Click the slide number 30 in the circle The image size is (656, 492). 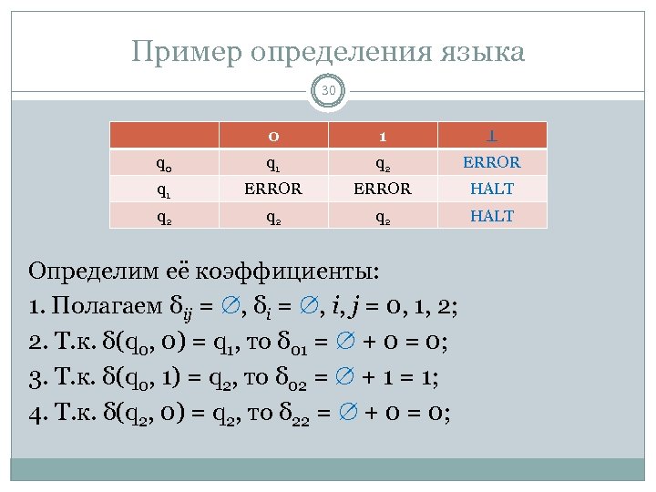click(x=328, y=90)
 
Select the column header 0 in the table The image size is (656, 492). click(x=273, y=136)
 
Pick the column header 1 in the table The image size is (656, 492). click(x=384, y=136)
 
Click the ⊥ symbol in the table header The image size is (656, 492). click(x=492, y=136)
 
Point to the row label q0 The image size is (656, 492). click(x=166, y=164)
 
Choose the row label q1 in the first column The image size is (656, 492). click(x=166, y=190)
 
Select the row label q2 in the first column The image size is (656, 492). click(x=166, y=216)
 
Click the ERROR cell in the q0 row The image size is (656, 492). click(x=492, y=163)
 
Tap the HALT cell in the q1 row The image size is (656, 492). click(x=492, y=189)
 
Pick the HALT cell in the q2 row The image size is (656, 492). click(x=492, y=216)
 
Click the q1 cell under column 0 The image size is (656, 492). click(x=273, y=164)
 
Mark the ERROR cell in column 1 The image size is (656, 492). click(x=384, y=189)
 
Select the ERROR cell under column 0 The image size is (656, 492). click(x=273, y=189)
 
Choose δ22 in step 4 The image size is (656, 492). click(x=298, y=412)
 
